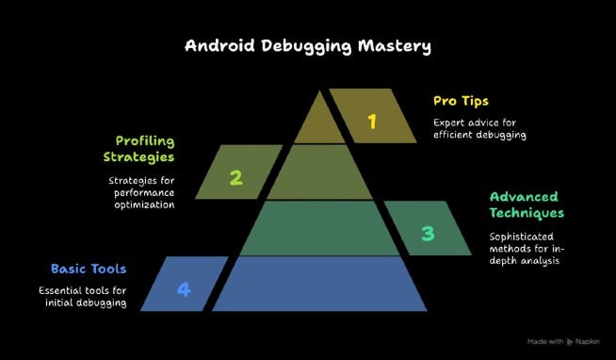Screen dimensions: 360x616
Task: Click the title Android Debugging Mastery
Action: [309, 46]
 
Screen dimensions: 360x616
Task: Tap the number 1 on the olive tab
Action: [372, 121]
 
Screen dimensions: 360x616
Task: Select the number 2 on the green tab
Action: [236, 176]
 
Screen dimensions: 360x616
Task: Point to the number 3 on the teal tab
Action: [428, 233]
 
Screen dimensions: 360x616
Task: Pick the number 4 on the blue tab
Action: [184, 289]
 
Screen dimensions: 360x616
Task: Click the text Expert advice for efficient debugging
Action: [478, 128]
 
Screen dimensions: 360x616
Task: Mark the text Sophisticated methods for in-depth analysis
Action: [524, 248]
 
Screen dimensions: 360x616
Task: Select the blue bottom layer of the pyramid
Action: [319, 284]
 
